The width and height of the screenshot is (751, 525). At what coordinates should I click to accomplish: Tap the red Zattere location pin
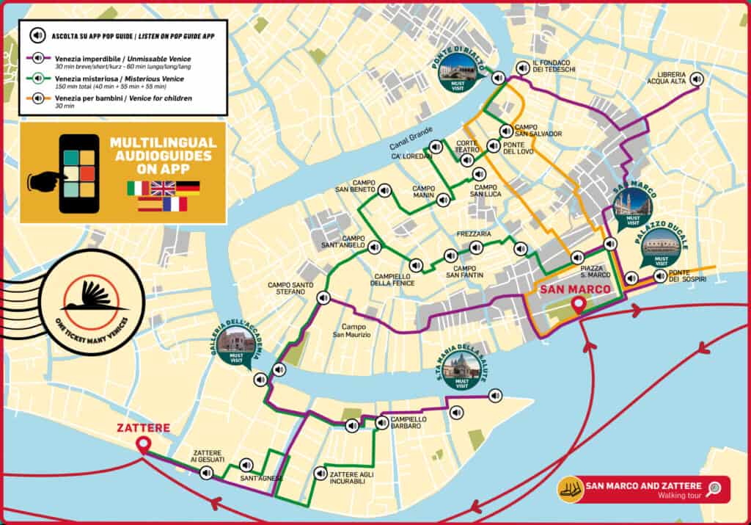142,443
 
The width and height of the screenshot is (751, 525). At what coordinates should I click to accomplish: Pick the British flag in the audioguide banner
163,188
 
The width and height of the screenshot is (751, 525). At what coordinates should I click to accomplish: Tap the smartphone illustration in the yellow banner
78,173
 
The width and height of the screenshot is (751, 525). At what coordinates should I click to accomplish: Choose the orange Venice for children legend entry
117,101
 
